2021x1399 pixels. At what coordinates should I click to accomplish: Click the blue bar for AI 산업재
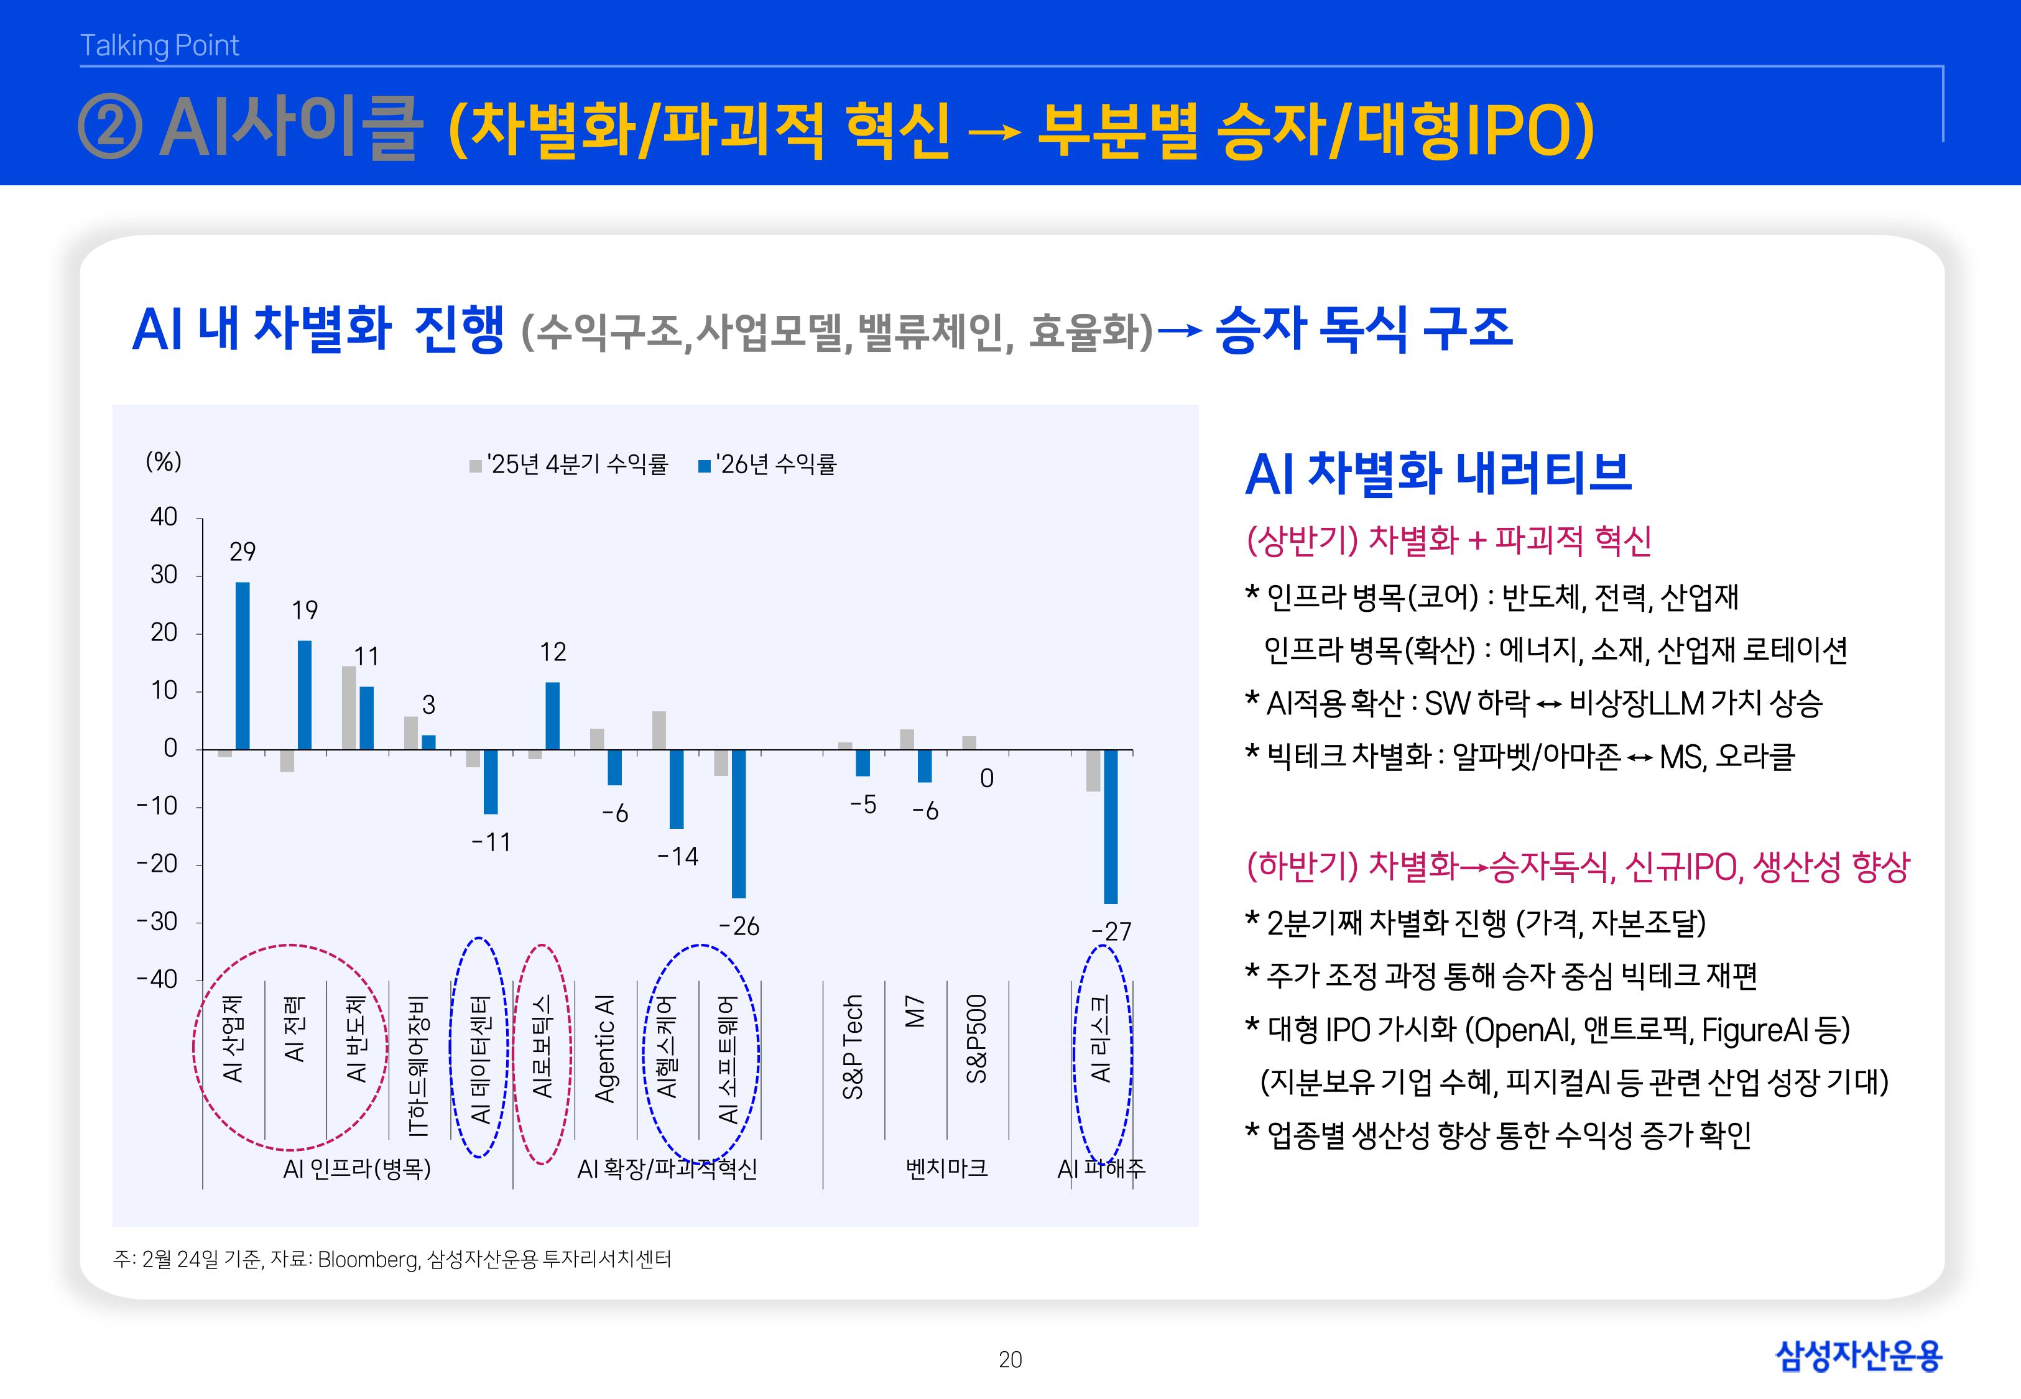[243, 665]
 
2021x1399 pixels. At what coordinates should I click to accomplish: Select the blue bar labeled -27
[1111, 826]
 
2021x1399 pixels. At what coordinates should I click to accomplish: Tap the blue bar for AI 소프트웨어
[739, 823]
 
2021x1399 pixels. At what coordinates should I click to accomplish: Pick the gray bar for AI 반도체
[349, 708]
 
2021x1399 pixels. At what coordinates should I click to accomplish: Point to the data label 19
[304, 610]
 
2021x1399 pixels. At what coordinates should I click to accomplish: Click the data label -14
[677, 856]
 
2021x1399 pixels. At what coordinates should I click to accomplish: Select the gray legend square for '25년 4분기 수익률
[475, 466]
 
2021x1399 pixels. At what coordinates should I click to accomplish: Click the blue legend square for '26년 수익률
[704, 466]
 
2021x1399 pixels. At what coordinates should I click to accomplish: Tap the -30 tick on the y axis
[157, 921]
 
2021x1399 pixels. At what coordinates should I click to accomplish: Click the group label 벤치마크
[946, 1168]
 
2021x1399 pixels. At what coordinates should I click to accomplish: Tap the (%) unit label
[163, 462]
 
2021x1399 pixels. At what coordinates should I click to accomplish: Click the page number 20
[1010, 1360]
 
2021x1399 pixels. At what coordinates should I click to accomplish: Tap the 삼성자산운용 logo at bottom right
[1858, 1356]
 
